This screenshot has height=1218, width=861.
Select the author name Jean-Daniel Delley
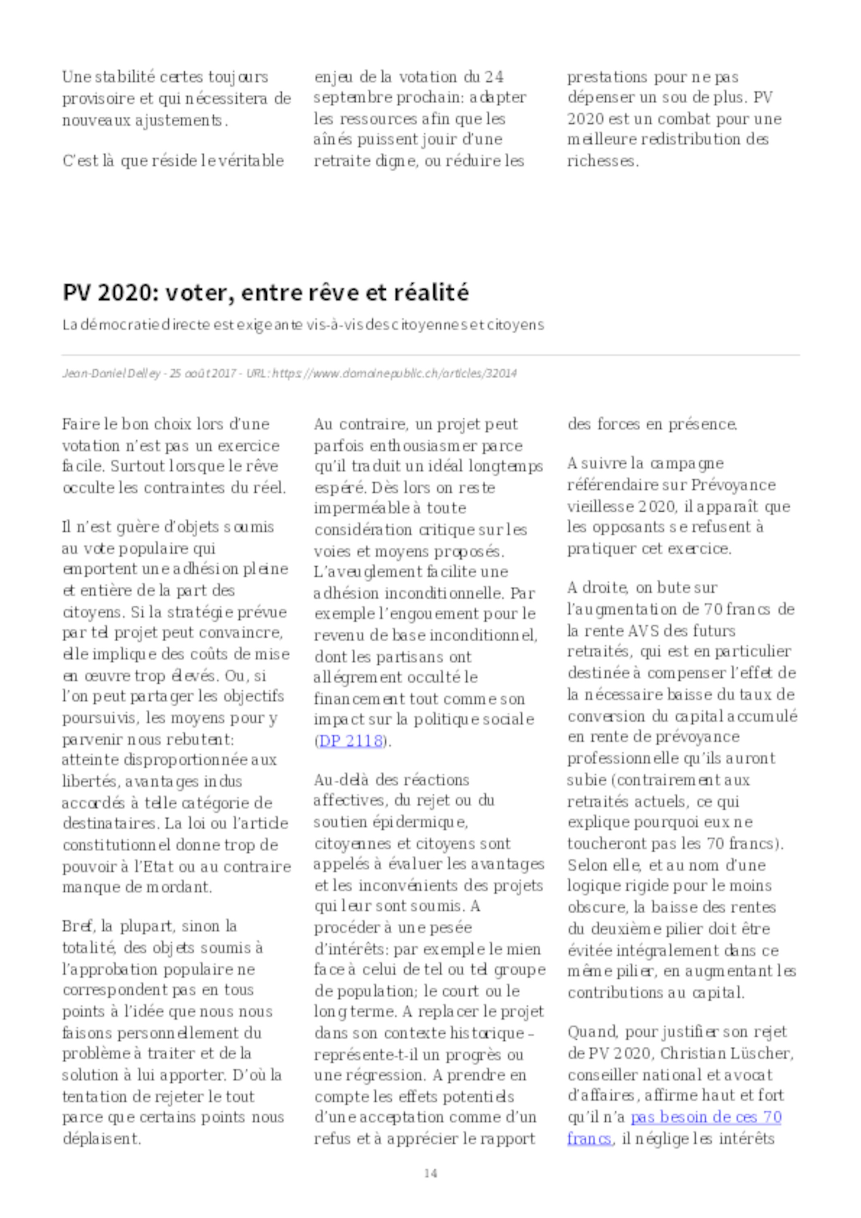(x=111, y=374)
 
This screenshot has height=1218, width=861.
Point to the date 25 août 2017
(x=203, y=374)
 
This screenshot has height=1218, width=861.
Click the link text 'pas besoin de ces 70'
(x=706, y=1117)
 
